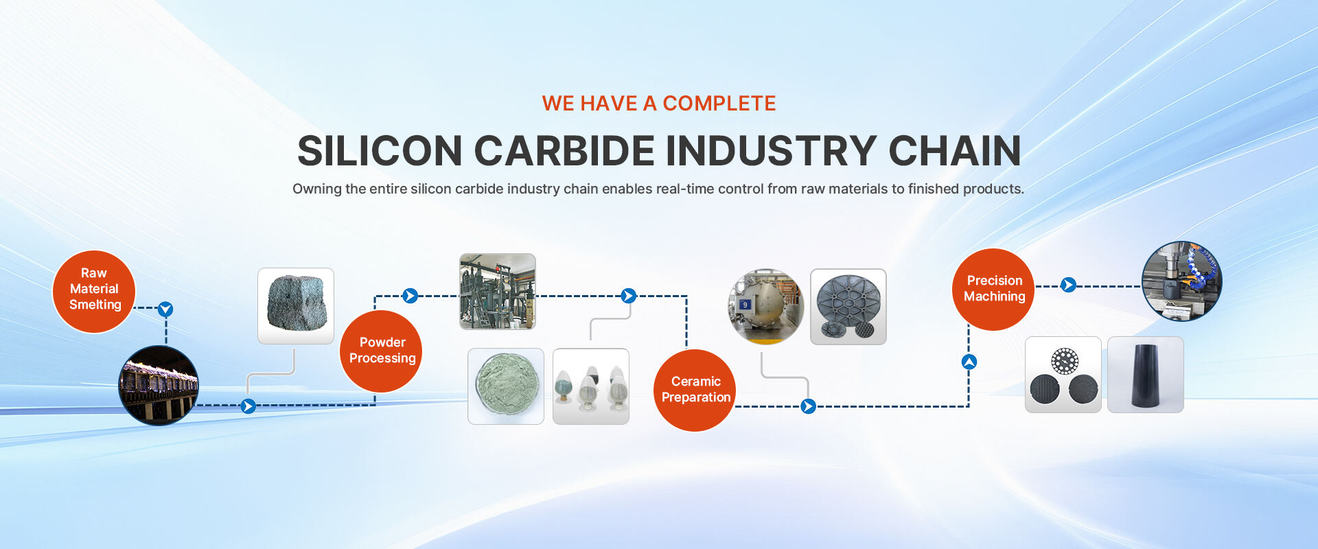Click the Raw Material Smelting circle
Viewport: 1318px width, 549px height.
tap(94, 292)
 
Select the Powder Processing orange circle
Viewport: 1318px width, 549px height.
tap(381, 351)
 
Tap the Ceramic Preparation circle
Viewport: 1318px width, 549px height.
tap(695, 390)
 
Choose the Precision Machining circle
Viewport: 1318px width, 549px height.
tap(993, 290)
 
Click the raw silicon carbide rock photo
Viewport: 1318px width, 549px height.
tap(296, 306)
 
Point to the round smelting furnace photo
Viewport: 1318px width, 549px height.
tap(159, 386)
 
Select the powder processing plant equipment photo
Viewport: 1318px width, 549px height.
tap(498, 292)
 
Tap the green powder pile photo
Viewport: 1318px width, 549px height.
tap(506, 386)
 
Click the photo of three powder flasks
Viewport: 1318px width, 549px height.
tap(591, 386)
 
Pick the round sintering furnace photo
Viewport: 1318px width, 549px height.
tap(766, 307)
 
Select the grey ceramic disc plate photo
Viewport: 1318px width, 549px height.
tap(848, 307)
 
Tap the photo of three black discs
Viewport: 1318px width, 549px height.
tap(1063, 375)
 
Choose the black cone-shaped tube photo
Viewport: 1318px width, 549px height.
tap(1146, 375)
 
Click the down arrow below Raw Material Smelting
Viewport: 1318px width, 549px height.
tap(165, 309)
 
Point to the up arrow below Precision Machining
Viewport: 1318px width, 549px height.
tap(969, 362)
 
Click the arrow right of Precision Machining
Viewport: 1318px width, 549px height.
tap(1068, 285)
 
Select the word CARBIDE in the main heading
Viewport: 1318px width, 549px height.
tap(564, 151)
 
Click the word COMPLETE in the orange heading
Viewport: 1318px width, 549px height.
tap(719, 104)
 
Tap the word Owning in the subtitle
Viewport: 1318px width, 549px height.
tap(316, 189)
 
